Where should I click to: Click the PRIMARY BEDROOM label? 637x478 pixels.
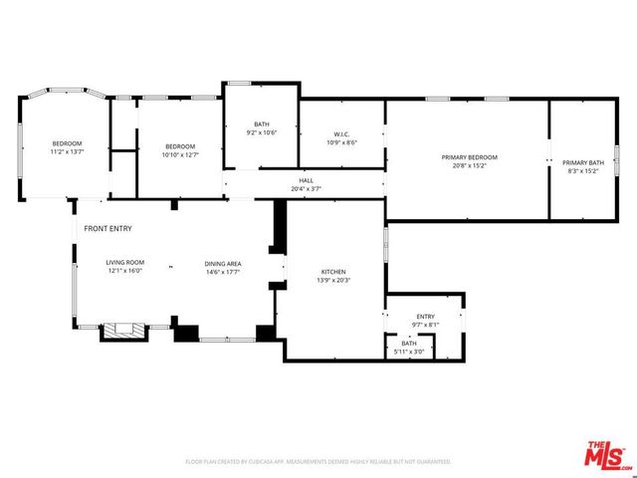(x=469, y=157)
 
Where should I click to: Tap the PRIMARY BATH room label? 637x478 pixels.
(x=582, y=162)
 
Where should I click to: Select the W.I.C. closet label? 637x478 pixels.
(x=341, y=134)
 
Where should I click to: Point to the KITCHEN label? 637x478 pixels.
(x=331, y=272)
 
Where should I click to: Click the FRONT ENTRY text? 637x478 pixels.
(x=107, y=229)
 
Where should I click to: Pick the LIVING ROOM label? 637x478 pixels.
(x=125, y=262)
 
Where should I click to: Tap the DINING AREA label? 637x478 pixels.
(x=223, y=262)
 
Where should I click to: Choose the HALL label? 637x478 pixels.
(x=306, y=181)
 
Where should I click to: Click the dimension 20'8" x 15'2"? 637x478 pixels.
(x=469, y=166)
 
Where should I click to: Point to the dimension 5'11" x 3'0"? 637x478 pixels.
(x=409, y=352)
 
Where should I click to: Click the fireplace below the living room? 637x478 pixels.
(x=123, y=332)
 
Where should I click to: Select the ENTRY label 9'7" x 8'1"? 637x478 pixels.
(x=425, y=317)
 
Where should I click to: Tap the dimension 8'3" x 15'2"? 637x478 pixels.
(x=582, y=171)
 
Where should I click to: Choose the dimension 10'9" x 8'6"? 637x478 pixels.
(x=341, y=142)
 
